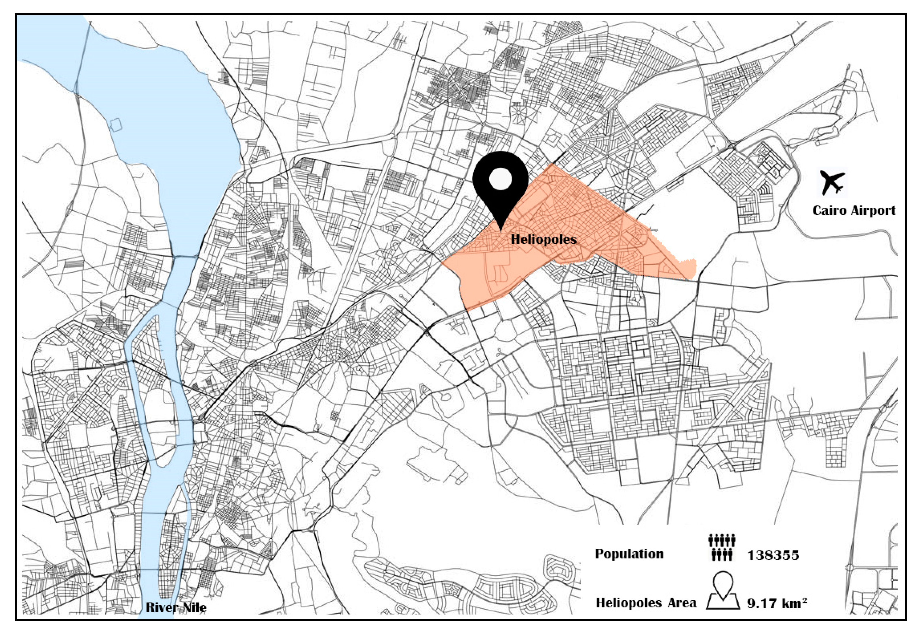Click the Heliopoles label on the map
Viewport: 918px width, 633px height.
pos(543,239)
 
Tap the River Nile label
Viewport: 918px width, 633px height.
pos(176,607)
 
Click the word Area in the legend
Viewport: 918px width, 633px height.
pos(682,603)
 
